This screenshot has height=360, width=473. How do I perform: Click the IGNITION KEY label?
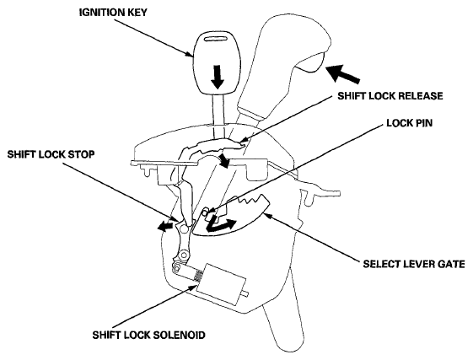[113, 13]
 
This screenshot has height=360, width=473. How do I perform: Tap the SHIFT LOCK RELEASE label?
[390, 96]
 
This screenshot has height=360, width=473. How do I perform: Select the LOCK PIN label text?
[410, 123]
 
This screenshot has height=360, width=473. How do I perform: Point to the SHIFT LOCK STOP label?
[51, 154]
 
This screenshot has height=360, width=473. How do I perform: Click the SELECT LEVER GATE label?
[414, 264]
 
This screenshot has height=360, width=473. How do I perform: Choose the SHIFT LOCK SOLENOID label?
[148, 335]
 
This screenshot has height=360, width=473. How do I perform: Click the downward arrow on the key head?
[218, 77]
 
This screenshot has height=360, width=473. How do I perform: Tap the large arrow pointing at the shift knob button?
[342, 73]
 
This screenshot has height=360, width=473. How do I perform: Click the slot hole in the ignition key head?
[217, 39]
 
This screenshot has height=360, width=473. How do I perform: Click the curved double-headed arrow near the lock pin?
[219, 224]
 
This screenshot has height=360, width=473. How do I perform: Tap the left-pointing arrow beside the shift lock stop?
[166, 226]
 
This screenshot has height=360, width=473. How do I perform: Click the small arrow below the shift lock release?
[224, 160]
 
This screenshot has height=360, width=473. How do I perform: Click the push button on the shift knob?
[310, 62]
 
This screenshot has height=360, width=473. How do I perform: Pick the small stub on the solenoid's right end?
[245, 293]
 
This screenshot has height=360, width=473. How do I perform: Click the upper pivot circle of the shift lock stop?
[183, 229]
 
